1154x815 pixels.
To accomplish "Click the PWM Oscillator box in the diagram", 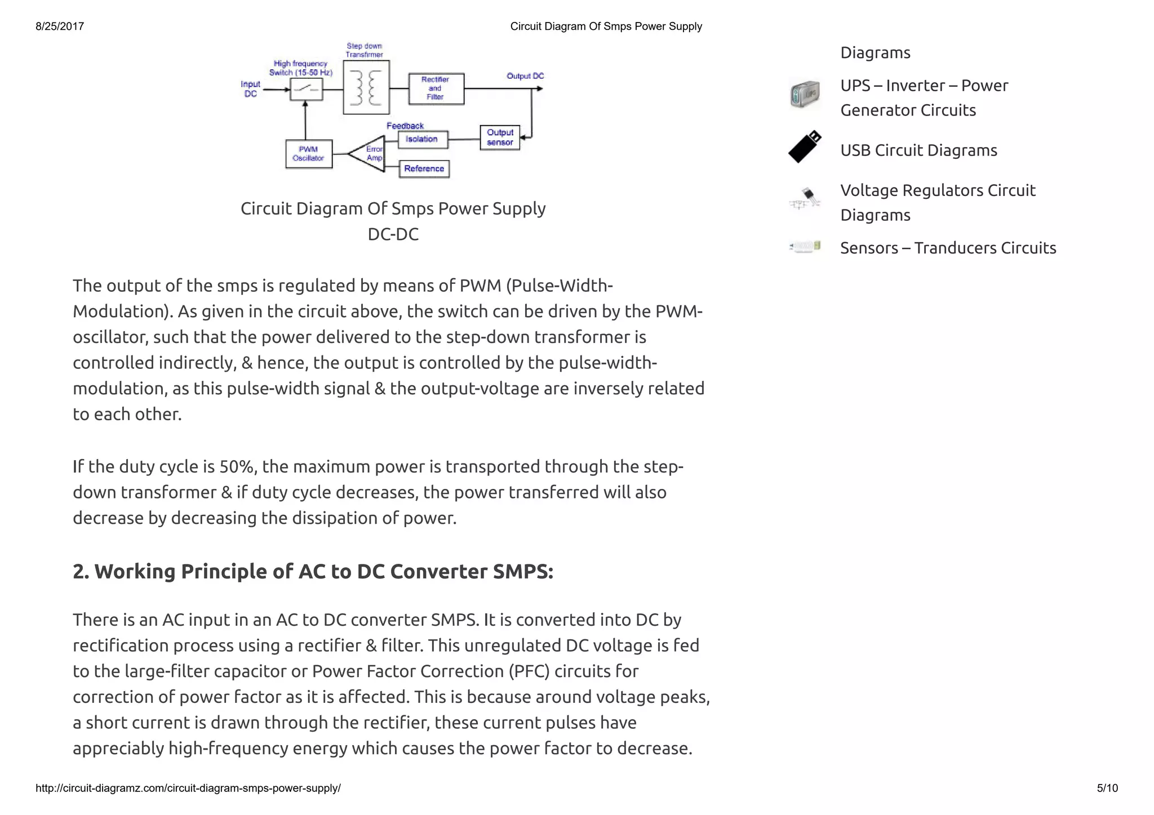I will (x=309, y=154).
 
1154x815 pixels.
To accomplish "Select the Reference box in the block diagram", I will (x=424, y=169).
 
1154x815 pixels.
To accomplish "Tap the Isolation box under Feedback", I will (x=423, y=139).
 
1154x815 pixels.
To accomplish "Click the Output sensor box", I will (x=500, y=137).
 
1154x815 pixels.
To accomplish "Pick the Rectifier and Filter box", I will (x=436, y=88).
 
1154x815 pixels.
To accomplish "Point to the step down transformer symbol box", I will (x=366, y=87).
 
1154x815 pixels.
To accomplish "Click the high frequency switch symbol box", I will (x=306, y=89).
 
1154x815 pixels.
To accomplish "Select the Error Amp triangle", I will (x=369, y=153).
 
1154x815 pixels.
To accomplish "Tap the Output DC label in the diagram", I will (x=525, y=76).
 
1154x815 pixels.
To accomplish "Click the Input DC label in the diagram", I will (x=250, y=89).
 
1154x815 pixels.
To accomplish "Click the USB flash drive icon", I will (x=805, y=148).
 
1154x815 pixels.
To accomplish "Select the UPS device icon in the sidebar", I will (x=805, y=94).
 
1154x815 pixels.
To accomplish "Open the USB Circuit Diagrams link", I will (x=918, y=150).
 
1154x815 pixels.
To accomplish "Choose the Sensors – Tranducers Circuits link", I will (x=948, y=248).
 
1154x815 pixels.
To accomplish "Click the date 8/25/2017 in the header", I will (x=60, y=26).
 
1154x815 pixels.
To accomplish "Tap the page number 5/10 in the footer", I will (x=1107, y=788).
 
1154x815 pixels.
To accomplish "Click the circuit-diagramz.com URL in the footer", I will (x=188, y=788).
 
